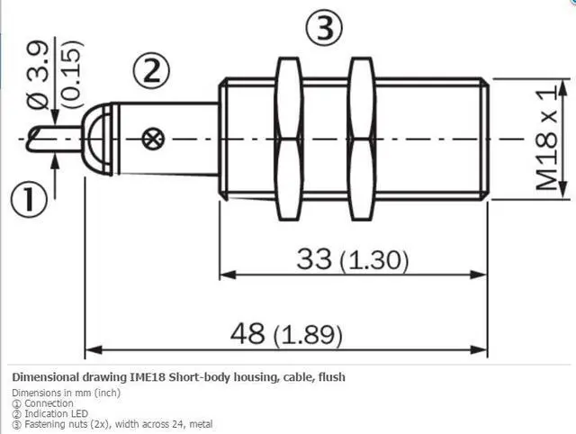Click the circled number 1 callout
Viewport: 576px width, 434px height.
click(29, 200)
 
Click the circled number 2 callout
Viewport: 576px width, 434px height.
click(151, 71)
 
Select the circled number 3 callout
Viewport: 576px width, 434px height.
click(324, 28)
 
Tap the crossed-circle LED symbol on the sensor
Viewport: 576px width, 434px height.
click(154, 139)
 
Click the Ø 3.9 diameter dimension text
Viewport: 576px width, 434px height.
click(38, 76)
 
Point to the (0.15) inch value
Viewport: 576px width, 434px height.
click(70, 74)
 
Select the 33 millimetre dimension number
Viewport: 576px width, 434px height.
click(314, 258)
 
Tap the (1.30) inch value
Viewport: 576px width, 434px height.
click(374, 260)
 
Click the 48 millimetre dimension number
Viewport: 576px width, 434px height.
click(247, 333)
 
